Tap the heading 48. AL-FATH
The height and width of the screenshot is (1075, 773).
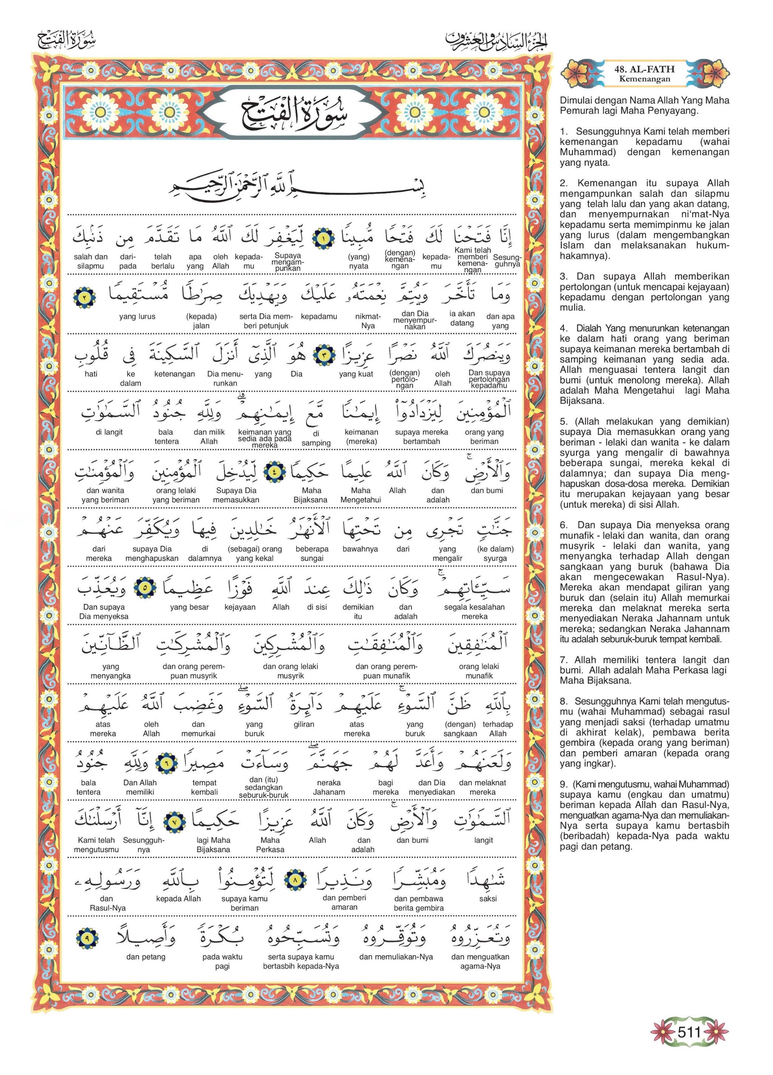[x=644, y=69]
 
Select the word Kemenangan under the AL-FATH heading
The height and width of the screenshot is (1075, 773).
[x=644, y=79]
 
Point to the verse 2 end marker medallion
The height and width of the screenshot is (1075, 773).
[x=85, y=298]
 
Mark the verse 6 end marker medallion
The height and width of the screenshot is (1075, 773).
[x=167, y=764]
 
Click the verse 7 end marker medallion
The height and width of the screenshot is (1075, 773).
[x=174, y=822]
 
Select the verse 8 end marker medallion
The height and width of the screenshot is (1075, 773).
[x=295, y=880]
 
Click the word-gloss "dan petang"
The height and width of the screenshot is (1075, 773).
[x=146, y=957]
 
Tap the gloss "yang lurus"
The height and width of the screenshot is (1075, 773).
[x=137, y=317]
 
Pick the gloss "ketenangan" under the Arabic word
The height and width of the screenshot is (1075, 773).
[x=174, y=374]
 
